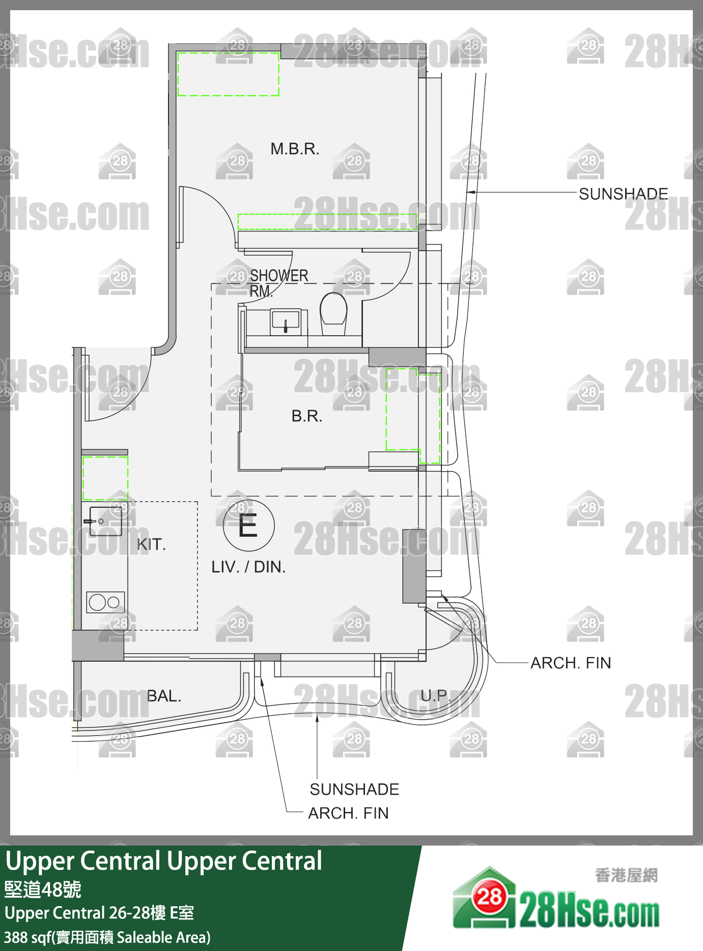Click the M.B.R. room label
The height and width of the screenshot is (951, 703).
click(295, 149)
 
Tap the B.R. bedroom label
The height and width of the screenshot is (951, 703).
click(306, 416)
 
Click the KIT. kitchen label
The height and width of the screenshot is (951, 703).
click(151, 545)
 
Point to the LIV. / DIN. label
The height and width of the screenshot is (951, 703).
click(248, 567)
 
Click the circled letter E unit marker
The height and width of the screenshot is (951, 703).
click(248, 526)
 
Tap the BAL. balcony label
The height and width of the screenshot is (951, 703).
click(164, 696)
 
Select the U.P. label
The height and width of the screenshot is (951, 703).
click(435, 695)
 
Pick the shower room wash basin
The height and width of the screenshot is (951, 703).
click(286, 321)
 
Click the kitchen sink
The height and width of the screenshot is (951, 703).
click(105, 521)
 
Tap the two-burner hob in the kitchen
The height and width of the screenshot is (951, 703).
click(105, 603)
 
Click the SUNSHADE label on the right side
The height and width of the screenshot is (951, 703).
click(623, 194)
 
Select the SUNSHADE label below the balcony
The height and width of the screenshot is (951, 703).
click(354, 789)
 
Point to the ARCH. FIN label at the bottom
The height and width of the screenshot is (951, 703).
click(348, 813)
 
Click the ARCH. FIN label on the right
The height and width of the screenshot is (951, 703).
click(570, 663)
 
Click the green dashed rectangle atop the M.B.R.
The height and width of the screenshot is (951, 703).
click(228, 74)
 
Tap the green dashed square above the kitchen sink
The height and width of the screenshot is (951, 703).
click(105, 478)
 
